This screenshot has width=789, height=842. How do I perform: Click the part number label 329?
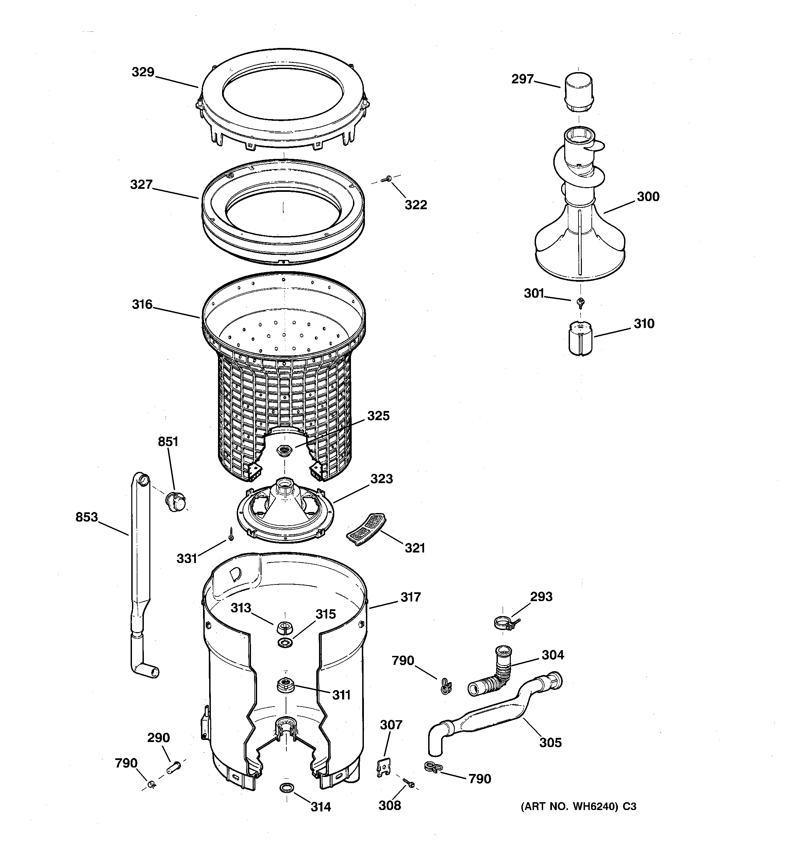point(143,72)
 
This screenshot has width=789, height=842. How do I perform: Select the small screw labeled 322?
point(387,180)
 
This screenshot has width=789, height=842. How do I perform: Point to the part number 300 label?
point(648,197)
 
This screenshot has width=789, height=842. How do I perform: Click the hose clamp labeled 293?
point(504,623)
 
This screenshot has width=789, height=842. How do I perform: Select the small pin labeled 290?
point(173,766)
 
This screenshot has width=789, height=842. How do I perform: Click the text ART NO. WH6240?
point(570,806)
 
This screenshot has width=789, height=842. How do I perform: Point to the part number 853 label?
point(87,517)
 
